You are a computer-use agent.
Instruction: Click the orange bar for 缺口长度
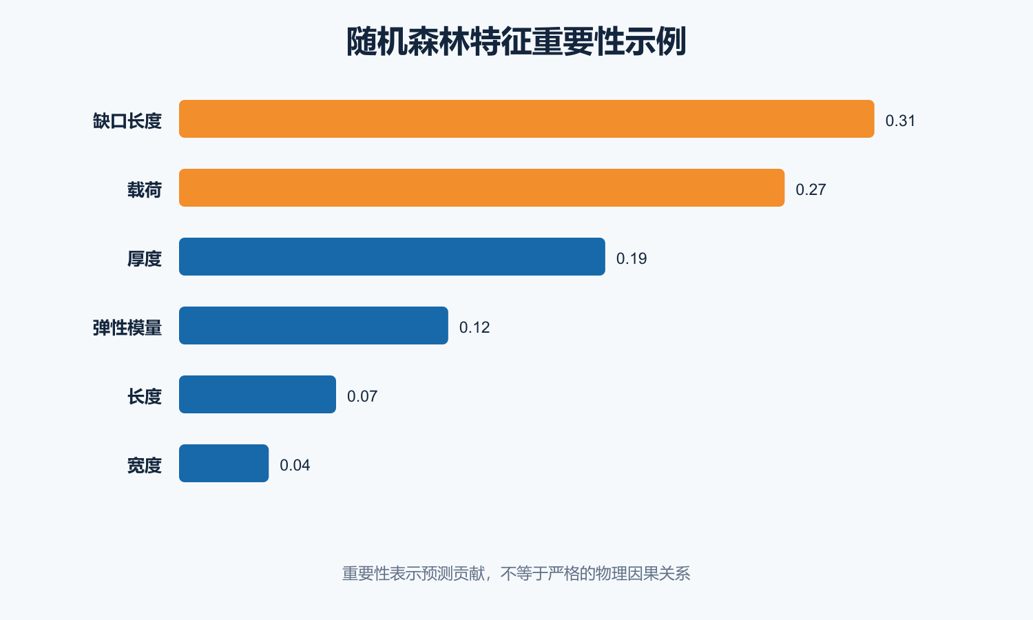[x=527, y=118]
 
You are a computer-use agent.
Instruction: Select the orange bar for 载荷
[x=481, y=188]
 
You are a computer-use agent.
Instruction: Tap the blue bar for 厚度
[x=392, y=256]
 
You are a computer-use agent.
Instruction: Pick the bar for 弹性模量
[x=313, y=325]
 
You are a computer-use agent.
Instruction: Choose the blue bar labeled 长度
[x=258, y=395]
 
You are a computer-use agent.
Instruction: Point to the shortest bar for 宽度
[x=224, y=463]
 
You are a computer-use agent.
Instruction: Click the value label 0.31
[x=900, y=121]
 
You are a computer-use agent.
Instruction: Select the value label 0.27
[x=811, y=189]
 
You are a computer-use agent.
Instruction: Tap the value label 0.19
[x=632, y=258]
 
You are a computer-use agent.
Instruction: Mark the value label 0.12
[x=474, y=327]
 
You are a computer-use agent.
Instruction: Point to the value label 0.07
[x=362, y=396]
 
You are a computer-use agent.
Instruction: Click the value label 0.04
[x=295, y=465]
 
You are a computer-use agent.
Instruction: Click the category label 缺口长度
[x=127, y=121]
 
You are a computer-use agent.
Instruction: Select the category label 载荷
[x=145, y=190]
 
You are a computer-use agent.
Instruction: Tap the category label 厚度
[x=145, y=259]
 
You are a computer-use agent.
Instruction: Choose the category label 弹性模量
[x=127, y=327]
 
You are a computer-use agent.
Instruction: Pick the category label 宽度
[x=145, y=466]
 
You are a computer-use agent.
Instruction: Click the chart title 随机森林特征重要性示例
[x=516, y=41]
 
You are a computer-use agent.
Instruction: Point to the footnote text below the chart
[x=516, y=573]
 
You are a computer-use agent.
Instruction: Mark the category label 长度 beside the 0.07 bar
[x=145, y=397]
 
